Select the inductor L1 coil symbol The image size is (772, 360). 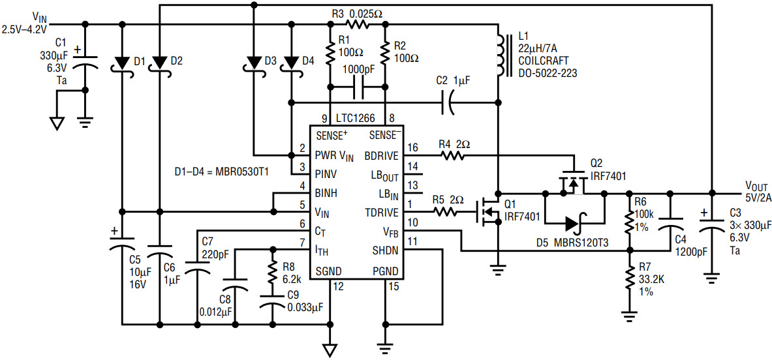point(501,55)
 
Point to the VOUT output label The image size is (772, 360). point(754,187)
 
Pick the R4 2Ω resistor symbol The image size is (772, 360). point(452,156)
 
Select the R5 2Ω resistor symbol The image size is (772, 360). point(444,213)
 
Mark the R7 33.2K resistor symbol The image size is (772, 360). point(628,280)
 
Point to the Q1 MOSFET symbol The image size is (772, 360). point(487,213)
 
